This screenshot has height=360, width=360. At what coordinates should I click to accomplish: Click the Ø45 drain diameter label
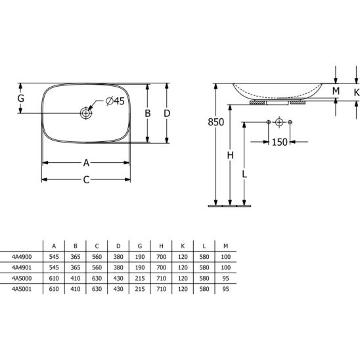[115, 101]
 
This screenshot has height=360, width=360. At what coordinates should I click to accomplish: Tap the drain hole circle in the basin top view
[86, 113]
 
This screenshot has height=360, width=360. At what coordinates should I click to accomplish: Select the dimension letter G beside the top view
[21, 99]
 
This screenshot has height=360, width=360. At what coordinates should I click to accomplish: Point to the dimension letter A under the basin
[86, 163]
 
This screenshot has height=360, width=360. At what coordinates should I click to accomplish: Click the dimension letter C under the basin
[86, 180]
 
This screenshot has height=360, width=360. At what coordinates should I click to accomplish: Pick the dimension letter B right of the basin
[147, 113]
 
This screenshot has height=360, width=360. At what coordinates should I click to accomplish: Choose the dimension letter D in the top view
[167, 113]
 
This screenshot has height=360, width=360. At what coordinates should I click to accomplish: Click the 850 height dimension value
[216, 122]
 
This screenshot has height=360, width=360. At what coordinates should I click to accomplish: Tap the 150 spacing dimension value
[280, 142]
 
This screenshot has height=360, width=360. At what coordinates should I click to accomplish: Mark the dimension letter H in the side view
[231, 156]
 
